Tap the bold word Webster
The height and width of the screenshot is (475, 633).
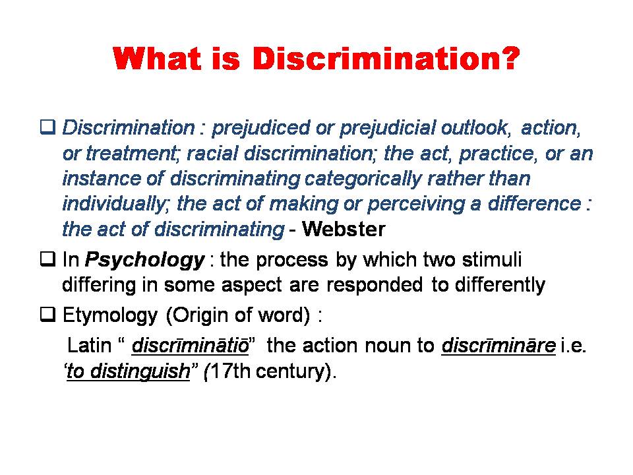point(344,229)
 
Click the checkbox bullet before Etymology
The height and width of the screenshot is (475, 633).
point(47,314)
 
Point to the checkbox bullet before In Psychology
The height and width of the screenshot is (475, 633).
point(47,259)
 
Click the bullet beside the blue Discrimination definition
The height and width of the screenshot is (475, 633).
point(47,127)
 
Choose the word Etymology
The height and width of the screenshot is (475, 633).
point(110,316)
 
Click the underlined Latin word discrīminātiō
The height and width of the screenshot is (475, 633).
point(190,345)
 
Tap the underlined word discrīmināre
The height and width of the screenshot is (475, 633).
point(498,345)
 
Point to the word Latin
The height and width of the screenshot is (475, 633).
point(89,345)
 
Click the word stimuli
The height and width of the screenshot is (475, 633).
point(492,260)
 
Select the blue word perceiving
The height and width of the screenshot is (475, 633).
point(416,205)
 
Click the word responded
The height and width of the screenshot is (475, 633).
point(375,286)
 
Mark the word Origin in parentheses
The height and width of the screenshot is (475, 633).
point(204,316)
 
